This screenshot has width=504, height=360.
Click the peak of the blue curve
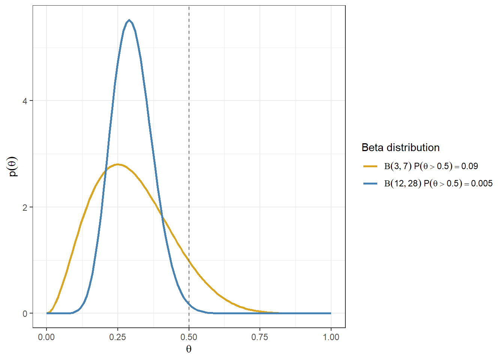tap(129, 20)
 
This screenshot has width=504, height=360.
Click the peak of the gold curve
tap(118, 164)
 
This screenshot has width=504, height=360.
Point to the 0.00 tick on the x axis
tap(46, 337)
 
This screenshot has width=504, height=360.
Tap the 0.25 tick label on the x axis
tap(118, 337)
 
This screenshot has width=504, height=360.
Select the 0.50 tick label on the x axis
tap(189, 337)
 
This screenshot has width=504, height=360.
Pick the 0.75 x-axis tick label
tap(260, 337)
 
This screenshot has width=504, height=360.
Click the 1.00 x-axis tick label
tap(331, 337)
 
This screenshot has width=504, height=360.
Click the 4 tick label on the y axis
tap(25, 101)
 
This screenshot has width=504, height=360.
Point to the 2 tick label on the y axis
tap(25, 207)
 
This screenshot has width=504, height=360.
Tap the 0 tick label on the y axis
tap(25, 313)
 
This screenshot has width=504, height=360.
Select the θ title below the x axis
tap(189, 349)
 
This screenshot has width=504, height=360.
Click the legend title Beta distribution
tap(400, 148)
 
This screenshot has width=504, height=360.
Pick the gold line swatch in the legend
tap(370, 166)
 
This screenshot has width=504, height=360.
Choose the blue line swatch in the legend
tap(370, 183)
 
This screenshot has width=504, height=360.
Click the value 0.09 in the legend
tap(469, 166)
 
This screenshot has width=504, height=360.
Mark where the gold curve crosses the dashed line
tap(189, 261)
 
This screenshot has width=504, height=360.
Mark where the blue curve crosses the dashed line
tap(189, 305)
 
